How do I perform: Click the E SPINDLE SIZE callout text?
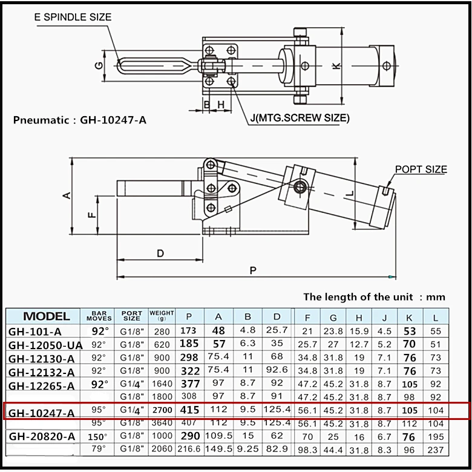coord(73,18)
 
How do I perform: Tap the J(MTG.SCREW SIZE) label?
coord(299,119)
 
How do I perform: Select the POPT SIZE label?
coord(421,169)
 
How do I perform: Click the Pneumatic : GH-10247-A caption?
coord(80,120)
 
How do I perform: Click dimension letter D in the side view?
coord(160,254)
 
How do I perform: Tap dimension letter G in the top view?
coord(99,65)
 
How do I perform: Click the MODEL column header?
coord(46,316)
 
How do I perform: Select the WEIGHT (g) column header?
coord(162,316)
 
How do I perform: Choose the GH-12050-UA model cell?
coord(45,345)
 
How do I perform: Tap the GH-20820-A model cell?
coord(41,436)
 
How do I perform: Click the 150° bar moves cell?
coord(99,436)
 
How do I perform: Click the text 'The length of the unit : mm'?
coord(374,297)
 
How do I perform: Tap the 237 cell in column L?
coord(435,450)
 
